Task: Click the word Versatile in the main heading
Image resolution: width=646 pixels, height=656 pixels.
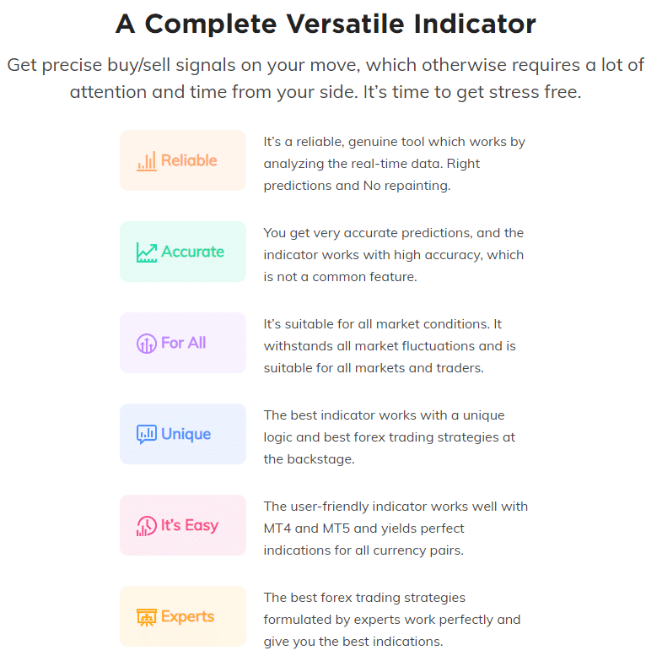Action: [345, 24]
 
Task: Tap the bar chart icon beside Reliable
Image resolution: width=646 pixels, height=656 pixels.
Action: [147, 161]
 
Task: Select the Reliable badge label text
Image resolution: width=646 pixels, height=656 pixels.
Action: [189, 160]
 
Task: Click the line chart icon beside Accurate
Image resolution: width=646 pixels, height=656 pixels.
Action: [147, 252]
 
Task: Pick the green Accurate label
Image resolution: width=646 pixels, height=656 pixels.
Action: [192, 252]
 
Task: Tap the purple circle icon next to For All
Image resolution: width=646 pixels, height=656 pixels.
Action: [147, 344]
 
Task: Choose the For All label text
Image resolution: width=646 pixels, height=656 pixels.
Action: [184, 343]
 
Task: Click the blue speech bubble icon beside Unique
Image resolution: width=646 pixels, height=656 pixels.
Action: [147, 434]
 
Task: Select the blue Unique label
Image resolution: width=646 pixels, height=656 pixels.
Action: [186, 435]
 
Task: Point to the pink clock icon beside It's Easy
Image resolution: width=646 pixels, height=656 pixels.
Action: [147, 526]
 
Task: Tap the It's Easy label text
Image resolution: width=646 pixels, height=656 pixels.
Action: [190, 525]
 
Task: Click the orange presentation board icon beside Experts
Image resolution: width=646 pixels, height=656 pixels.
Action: [147, 617]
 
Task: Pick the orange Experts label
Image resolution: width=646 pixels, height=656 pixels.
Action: [187, 616]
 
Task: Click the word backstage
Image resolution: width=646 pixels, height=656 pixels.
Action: [320, 459]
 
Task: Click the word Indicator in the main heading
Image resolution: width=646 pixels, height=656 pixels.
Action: [475, 24]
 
